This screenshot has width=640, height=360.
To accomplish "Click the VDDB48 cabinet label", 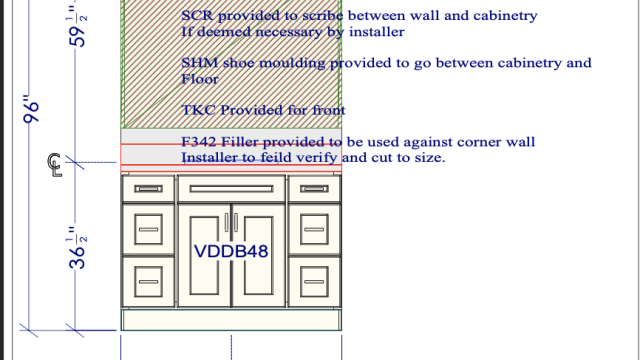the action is coord(231,251).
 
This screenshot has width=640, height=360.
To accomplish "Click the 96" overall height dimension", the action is coord(31,109).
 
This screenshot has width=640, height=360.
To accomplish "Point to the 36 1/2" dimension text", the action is coord(78,248).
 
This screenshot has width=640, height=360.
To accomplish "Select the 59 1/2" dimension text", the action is coord(78,25).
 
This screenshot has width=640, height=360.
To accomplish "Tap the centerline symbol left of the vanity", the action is coord(54,165).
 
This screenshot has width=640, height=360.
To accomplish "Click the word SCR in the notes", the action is coord(198,16).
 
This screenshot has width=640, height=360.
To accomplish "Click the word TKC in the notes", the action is coord(198,110).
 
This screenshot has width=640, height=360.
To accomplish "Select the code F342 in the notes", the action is coord(199,142).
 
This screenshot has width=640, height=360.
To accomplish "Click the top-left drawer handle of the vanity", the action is coord(148,189).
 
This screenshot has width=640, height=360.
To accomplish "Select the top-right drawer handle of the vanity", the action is coord(314,189).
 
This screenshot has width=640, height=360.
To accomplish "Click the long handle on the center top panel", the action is coord(231,189).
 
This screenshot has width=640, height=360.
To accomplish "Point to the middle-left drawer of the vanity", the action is coord(149,229).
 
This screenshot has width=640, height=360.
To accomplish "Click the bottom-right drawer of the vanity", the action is coord(314,282).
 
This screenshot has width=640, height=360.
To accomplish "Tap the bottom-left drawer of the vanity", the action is coord(149,282).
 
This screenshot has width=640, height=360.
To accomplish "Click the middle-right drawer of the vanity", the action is coord(314,229).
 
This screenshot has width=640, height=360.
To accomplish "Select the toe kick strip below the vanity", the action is coord(231,320).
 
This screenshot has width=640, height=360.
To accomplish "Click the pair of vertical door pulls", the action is coord(231,223).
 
